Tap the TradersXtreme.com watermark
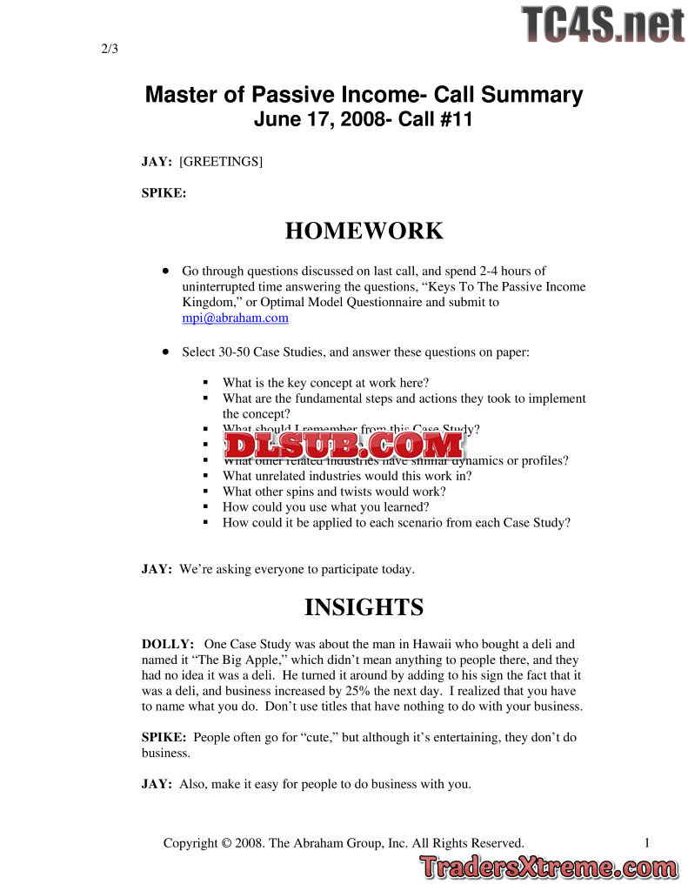point(548,868)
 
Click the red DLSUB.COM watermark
point(344,445)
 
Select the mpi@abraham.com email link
point(235,318)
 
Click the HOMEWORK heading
point(364,231)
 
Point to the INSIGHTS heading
point(364,607)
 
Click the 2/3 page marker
point(109,49)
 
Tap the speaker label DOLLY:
point(168,645)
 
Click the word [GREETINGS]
point(221,162)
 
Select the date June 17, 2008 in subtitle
point(317,120)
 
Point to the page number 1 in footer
point(648,842)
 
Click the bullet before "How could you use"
point(205,507)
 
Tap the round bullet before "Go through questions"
point(164,271)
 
